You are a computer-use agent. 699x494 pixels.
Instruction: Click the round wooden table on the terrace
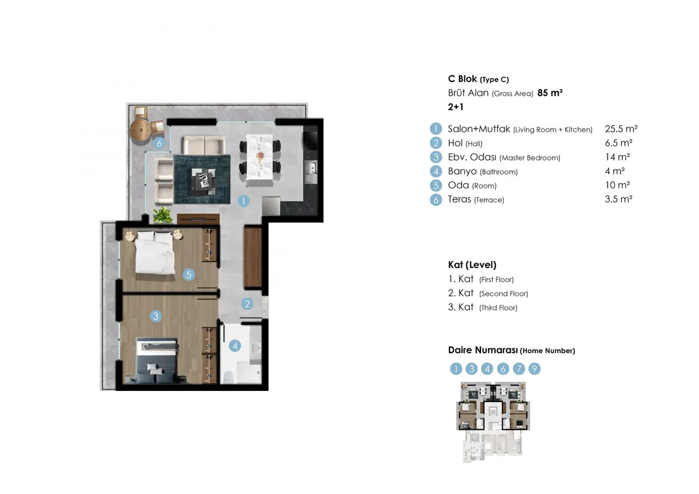140,129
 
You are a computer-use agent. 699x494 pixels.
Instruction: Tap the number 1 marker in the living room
243,201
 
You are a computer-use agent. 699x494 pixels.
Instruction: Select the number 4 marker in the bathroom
235,346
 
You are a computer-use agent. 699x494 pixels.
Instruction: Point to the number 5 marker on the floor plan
188,275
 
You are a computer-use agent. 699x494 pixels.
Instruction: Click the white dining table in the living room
259,157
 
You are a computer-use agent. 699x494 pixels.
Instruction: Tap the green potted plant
163,215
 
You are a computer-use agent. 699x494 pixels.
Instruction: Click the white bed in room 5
154,253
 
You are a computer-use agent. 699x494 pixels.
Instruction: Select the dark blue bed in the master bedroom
157,361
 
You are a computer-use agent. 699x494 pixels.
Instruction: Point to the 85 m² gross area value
550,93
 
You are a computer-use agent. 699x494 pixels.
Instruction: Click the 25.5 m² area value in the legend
621,129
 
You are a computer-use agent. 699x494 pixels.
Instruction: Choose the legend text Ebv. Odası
472,157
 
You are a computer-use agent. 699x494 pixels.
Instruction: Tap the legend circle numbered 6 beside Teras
436,199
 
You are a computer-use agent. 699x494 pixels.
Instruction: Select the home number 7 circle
519,369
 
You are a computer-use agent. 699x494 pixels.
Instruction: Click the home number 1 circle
456,369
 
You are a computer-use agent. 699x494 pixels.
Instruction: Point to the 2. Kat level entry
488,293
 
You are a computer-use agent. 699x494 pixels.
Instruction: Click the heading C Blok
463,79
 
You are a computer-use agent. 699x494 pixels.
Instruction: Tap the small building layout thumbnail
493,421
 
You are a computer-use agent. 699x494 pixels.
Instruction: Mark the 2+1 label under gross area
456,107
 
